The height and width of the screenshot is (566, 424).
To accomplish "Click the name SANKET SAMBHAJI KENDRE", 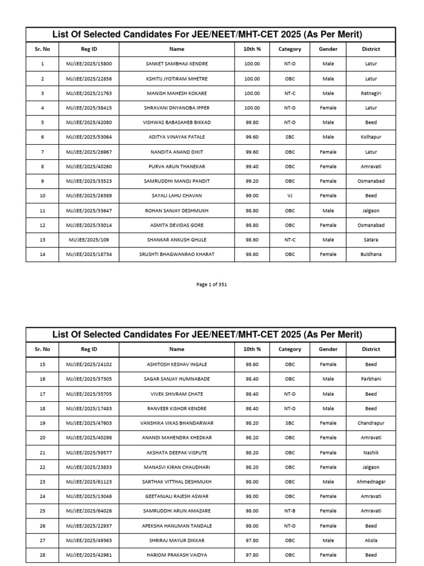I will [177, 64].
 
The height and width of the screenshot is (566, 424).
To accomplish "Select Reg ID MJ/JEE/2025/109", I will [89, 240].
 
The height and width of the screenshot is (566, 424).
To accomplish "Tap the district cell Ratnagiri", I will [371, 93].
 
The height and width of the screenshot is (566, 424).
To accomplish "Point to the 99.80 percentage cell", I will [252, 123].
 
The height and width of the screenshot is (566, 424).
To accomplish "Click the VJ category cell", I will [290, 196].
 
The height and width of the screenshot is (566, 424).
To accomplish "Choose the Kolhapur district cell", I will [371, 137].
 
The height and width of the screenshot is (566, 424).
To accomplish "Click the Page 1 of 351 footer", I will [211, 285].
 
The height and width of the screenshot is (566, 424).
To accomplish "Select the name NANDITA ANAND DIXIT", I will [177, 152].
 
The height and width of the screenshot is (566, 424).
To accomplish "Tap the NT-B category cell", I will [290, 511].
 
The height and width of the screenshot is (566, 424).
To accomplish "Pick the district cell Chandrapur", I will [371, 423].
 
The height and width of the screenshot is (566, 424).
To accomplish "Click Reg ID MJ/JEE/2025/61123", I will [89, 482].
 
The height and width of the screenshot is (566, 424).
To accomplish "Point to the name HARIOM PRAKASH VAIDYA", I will [177, 555].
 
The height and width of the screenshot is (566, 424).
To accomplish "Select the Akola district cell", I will [371, 541].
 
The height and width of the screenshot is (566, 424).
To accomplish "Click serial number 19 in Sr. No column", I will [43, 423].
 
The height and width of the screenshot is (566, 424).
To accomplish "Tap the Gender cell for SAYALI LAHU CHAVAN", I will [328, 196].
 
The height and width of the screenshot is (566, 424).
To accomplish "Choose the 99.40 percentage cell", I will [252, 166].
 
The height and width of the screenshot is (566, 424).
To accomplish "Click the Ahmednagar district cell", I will [371, 482].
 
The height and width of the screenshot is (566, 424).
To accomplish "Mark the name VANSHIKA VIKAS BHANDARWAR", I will [177, 423].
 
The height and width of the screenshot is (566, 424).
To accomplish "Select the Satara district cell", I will [371, 240].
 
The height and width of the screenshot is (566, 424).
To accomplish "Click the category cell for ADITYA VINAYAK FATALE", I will [290, 137].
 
